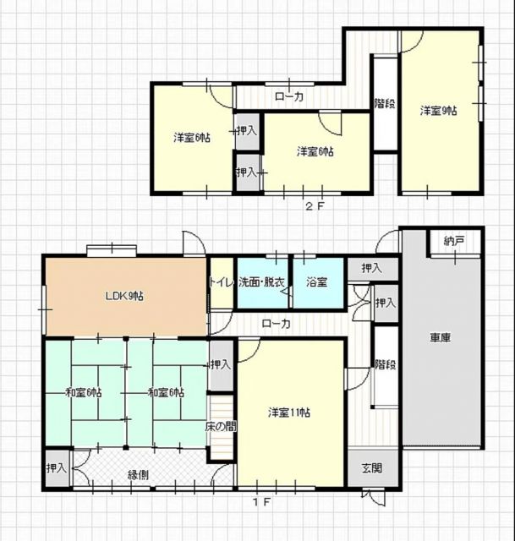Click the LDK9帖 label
click(124, 296)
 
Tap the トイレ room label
click(222, 282)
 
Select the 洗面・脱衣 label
click(261, 282)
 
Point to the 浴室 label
click(317, 282)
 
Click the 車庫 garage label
click(440, 337)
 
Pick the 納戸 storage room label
click(453, 241)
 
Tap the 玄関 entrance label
click(372, 468)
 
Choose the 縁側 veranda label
click(139, 475)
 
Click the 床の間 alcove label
click(221, 427)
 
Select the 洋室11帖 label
click(289, 413)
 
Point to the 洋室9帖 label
click(438, 111)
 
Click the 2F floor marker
click(315, 206)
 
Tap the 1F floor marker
click(261, 502)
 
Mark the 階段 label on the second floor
click(385, 103)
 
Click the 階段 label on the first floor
click(386, 364)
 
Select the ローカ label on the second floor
click(289, 96)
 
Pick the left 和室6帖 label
click(84, 392)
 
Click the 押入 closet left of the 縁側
click(57, 468)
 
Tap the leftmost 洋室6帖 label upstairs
click(192, 138)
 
